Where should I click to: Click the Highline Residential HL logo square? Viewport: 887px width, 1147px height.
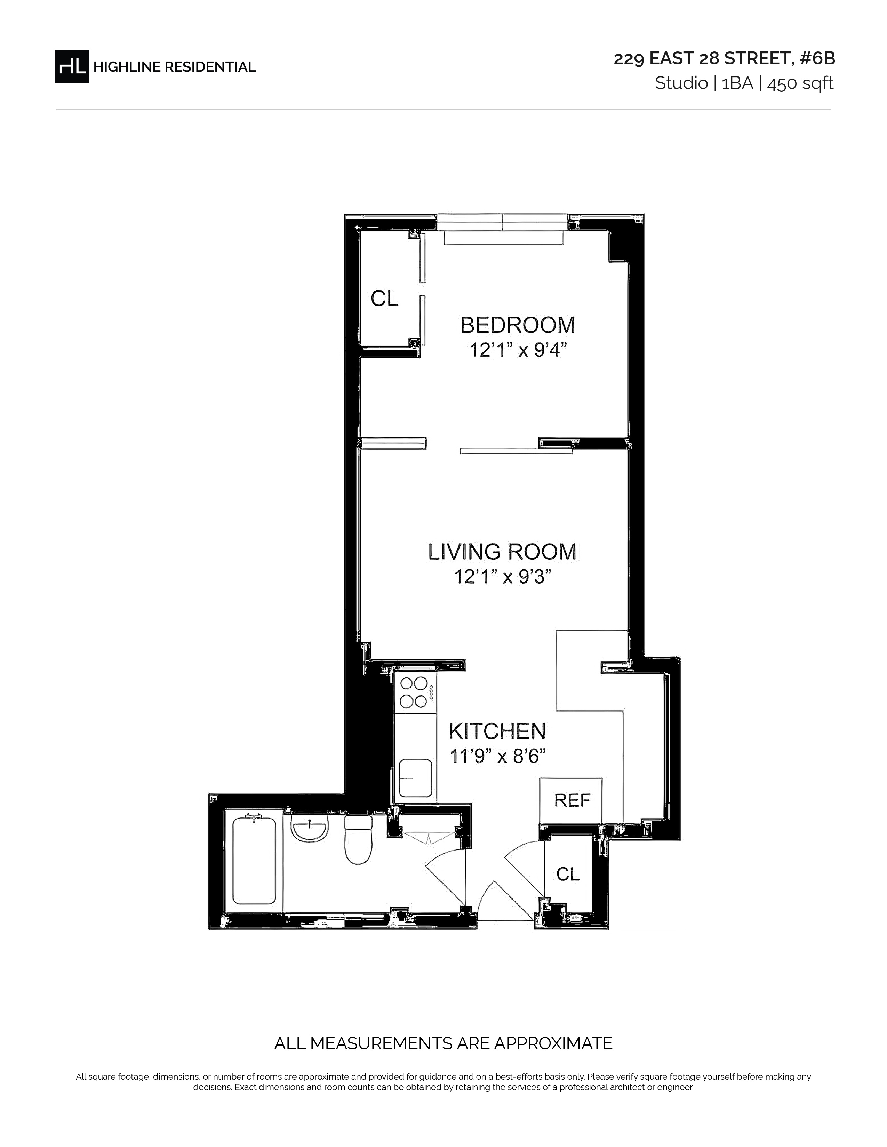[72, 66]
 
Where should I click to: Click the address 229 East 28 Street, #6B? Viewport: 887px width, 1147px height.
[724, 59]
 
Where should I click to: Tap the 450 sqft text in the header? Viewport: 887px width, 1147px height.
[800, 83]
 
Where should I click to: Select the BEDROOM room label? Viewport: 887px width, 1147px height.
[518, 325]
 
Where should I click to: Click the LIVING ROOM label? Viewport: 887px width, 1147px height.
[502, 552]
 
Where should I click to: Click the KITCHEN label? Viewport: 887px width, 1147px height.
[497, 731]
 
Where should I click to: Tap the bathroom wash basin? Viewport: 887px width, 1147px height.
[310, 829]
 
